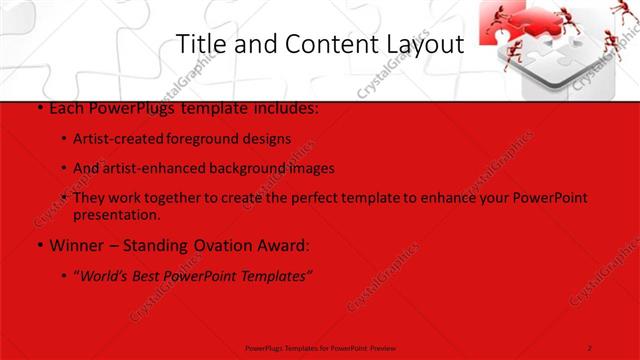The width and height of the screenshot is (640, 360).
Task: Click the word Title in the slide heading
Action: (199, 45)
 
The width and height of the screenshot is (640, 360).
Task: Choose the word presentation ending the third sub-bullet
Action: (116, 214)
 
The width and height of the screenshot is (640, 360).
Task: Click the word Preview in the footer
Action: (378, 347)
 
